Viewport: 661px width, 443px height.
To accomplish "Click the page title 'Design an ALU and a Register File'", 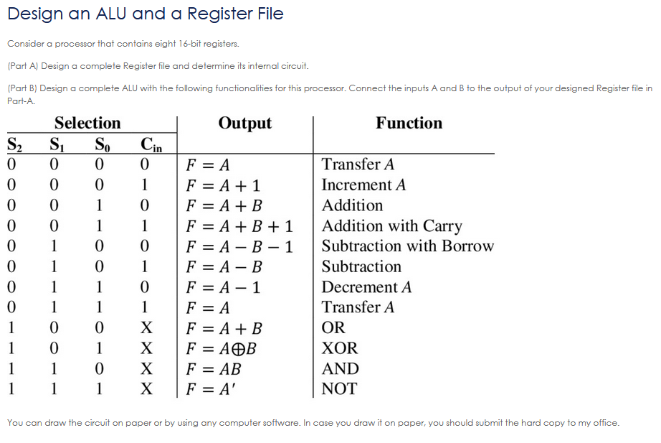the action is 146,14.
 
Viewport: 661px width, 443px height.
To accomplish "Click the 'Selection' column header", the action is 87,123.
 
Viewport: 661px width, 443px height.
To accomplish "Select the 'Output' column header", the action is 244,123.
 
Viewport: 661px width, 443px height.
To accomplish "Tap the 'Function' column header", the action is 409,123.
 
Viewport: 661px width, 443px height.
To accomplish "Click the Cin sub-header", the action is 151,144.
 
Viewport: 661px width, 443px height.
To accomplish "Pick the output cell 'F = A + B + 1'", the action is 239,226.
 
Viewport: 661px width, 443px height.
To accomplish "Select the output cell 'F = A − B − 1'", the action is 239,246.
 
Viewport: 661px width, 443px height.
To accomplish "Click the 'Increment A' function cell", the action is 363,185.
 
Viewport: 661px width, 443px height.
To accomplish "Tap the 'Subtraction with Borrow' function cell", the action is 407,246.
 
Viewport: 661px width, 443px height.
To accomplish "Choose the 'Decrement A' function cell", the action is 366,287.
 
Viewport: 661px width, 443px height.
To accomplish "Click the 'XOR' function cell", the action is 339,349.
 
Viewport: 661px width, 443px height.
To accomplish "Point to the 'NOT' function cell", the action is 338,389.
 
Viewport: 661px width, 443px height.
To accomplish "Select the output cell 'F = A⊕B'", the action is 221,349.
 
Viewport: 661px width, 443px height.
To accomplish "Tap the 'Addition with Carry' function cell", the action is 391,226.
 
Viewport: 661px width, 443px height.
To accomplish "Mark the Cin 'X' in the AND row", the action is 146,369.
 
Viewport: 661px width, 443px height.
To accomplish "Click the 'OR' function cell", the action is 333,328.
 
